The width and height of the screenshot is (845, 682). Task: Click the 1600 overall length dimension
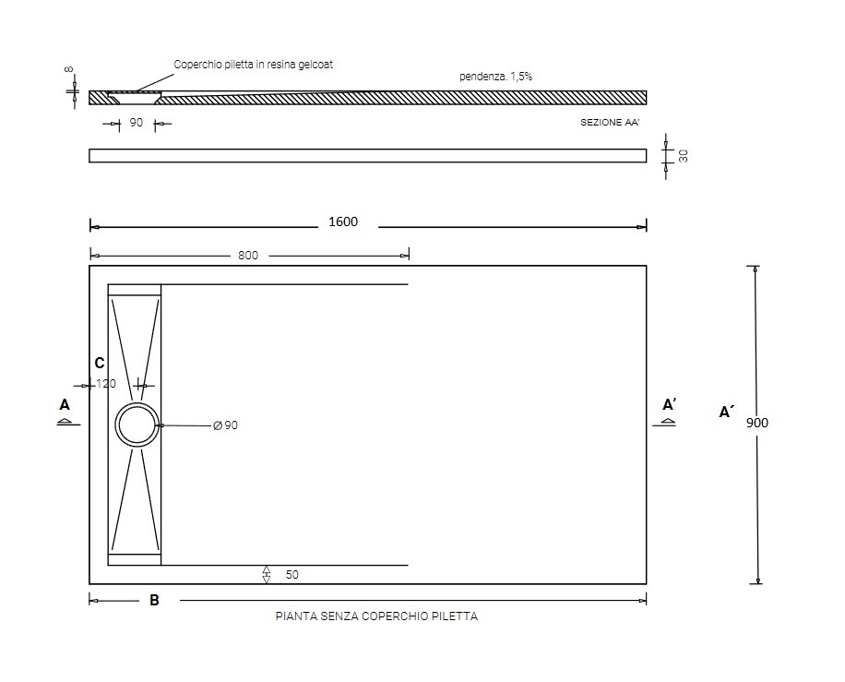click(343, 221)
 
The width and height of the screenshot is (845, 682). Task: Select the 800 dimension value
click(248, 255)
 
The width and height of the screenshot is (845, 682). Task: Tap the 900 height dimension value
click(757, 424)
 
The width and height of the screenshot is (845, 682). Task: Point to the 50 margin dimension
click(292, 575)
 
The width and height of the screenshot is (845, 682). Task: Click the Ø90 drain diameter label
click(225, 425)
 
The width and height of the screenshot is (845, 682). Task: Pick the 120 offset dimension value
click(106, 384)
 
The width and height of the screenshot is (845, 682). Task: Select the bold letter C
click(99, 364)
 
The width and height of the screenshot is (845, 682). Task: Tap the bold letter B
click(154, 600)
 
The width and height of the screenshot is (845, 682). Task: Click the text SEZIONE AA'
click(610, 123)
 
